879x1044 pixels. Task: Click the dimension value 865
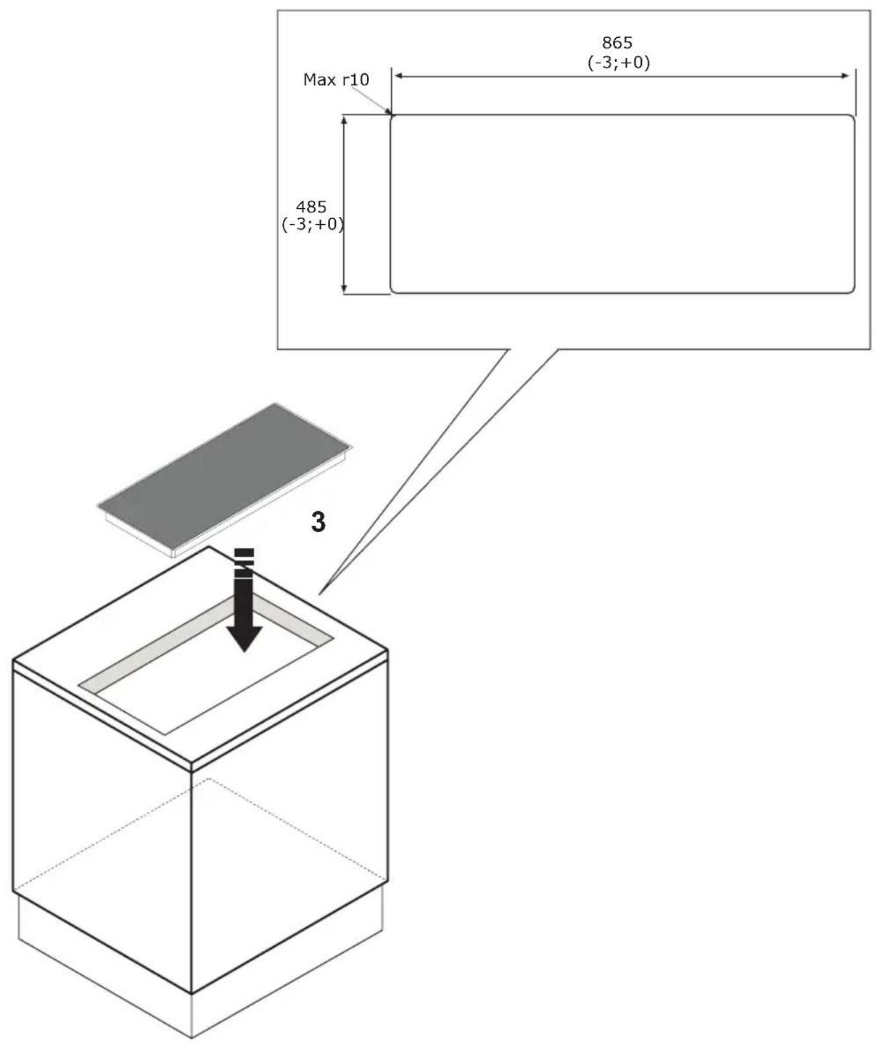pyautogui.click(x=617, y=43)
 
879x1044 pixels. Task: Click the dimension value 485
pyautogui.click(x=311, y=206)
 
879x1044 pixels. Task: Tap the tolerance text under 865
pyautogui.click(x=618, y=63)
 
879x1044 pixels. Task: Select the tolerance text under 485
pyautogui.click(x=313, y=225)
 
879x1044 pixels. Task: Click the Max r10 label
pyautogui.click(x=336, y=79)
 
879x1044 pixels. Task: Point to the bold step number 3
pyautogui.click(x=318, y=522)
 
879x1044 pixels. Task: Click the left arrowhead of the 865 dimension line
pyautogui.click(x=399, y=76)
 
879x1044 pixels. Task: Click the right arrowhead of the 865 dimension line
pyautogui.click(x=845, y=76)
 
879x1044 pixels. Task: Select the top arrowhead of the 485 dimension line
pyautogui.click(x=344, y=120)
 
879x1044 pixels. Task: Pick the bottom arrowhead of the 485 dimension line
pyautogui.click(x=344, y=288)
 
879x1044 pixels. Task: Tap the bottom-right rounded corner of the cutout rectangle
pyautogui.click(x=852, y=291)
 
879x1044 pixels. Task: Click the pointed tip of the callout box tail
pyautogui.click(x=319, y=594)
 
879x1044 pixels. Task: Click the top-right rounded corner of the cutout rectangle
pyautogui.click(x=852, y=118)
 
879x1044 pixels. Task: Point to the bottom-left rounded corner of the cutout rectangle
pyautogui.click(x=393, y=291)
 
